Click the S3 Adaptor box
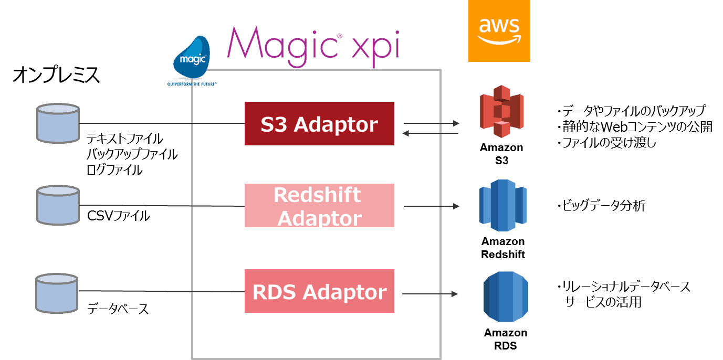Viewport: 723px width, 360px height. tap(319, 124)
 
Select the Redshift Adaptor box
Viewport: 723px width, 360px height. tap(319, 206)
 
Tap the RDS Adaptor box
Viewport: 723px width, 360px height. tap(319, 291)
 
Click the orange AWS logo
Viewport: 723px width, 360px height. tap(499, 30)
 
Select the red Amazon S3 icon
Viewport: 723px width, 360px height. tap(501, 111)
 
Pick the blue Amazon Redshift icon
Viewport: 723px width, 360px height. tap(502, 205)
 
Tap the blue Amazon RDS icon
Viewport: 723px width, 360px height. tap(505, 297)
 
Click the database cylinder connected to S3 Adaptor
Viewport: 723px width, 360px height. tap(58, 123)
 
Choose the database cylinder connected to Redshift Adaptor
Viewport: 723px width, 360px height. tap(58, 205)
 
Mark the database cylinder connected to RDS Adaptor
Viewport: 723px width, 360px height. tap(57, 292)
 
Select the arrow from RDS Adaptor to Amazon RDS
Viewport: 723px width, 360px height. tap(431, 294)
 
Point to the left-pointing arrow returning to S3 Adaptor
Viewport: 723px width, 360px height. tap(431, 133)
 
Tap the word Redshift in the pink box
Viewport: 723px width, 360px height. tap(317, 195)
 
